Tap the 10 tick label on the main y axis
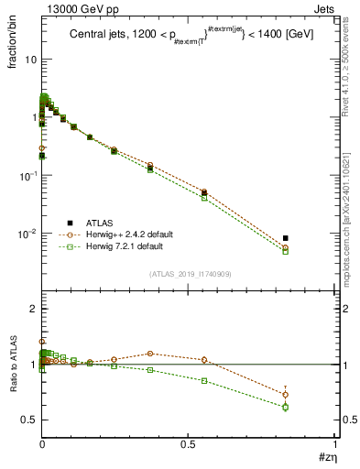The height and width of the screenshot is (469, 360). point(30,59)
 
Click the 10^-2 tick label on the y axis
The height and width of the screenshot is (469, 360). point(27,234)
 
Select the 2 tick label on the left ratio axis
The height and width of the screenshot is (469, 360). point(33,310)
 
